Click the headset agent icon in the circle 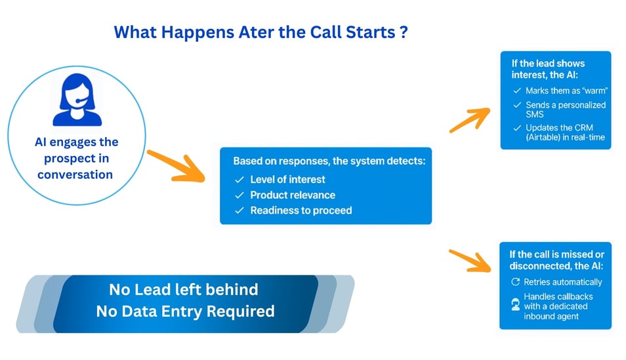[77, 100]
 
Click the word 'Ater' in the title [257, 32]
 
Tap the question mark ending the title [404, 32]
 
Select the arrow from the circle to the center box [176, 166]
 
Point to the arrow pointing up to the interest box [470, 120]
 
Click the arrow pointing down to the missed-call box [470, 260]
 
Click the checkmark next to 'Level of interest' [240, 180]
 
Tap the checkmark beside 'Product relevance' [240, 195]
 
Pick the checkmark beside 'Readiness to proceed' [240, 210]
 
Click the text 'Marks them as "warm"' [566, 90]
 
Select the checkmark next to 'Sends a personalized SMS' [517, 105]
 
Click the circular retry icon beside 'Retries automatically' [515, 282]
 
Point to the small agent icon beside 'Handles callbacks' [515, 304]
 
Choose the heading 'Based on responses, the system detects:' [329, 161]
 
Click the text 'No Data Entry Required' [185, 311]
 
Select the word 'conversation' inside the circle [75, 174]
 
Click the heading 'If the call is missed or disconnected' [557, 260]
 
